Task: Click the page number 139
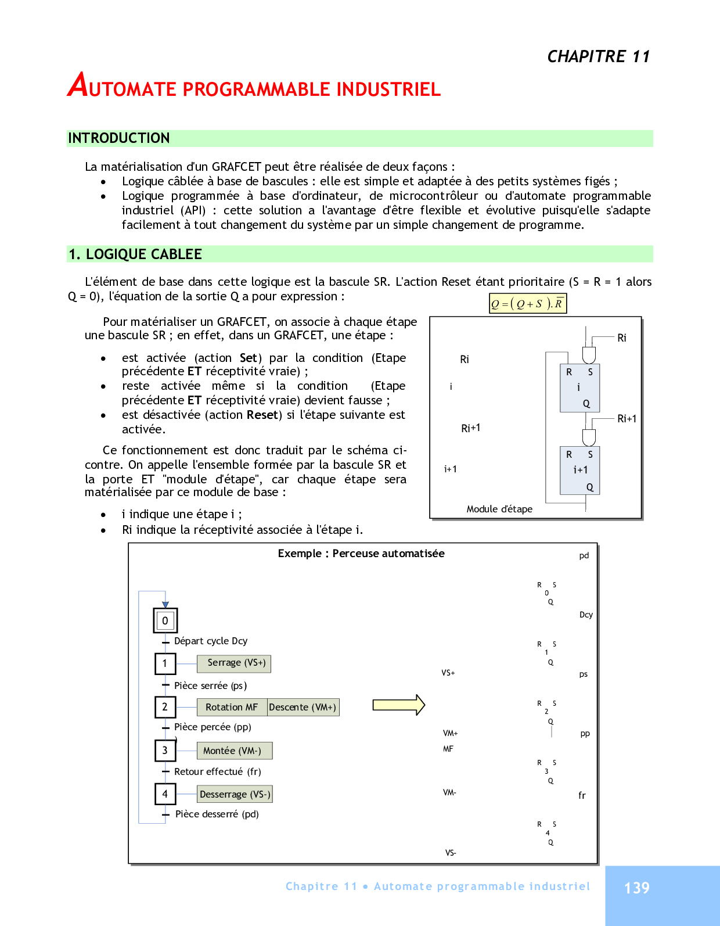tap(636, 888)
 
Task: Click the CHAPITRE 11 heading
tap(598, 56)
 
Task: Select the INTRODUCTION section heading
tap(119, 138)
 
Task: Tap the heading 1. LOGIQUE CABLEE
tap(135, 254)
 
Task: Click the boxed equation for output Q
tap(527, 303)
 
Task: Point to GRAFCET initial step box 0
tap(165, 620)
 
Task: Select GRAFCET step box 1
tap(165, 663)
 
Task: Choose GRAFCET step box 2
tap(165, 707)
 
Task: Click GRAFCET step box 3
tap(165, 750)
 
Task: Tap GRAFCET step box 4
tap(165, 794)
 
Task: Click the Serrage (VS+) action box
tap(234, 663)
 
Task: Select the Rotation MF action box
tap(232, 707)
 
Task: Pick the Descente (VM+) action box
tap(303, 707)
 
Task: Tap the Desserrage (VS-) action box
tap(235, 794)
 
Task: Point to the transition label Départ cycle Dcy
tap(211, 641)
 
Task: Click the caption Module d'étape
tap(499, 509)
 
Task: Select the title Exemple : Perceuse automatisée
tap(361, 554)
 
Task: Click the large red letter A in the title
tap(78, 85)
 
